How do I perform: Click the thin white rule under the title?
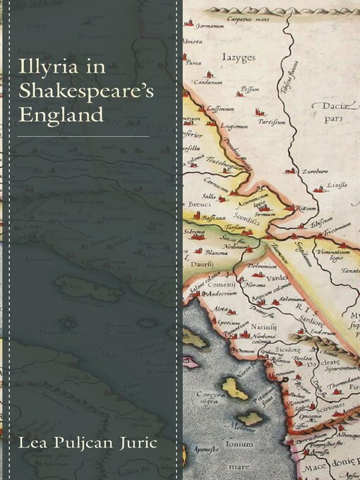click(83, 136)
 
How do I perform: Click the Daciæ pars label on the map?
click(333, 111)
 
